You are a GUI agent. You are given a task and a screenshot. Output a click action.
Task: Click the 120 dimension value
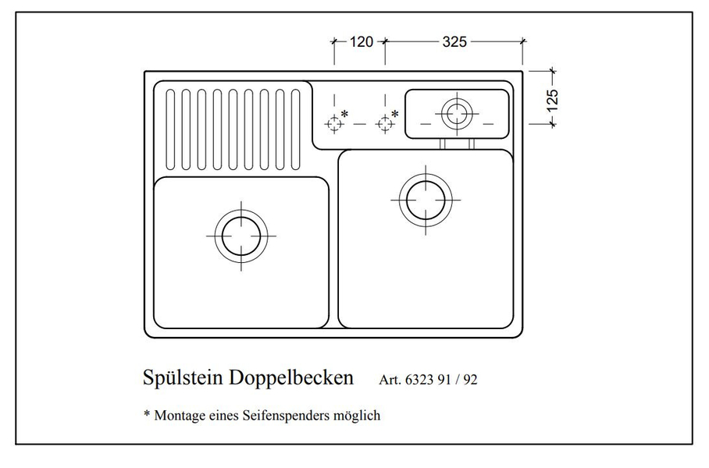point(362,41)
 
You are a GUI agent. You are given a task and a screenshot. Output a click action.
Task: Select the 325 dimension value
point(454,41)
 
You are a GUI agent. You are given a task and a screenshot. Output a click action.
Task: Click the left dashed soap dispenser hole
point(334,123)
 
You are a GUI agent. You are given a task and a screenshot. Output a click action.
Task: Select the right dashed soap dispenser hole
point(385,123)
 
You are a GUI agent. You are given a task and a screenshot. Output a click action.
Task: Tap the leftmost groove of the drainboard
point(170,129)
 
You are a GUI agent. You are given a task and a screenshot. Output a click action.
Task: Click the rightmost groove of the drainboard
point(296,129)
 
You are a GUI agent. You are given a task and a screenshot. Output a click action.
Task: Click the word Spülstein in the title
point(183,378)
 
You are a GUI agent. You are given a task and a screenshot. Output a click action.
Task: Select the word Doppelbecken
point(291,378)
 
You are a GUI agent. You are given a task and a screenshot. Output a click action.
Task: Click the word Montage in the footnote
point(180,416)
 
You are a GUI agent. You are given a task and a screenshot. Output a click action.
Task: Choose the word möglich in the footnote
point(357,416)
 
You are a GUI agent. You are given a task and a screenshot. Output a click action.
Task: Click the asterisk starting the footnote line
point(147,413)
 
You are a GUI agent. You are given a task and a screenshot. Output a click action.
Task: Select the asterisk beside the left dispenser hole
point(345,114)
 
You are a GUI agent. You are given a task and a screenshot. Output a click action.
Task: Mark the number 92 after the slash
point(470,379)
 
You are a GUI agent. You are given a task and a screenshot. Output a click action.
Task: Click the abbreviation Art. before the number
point(390,379)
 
